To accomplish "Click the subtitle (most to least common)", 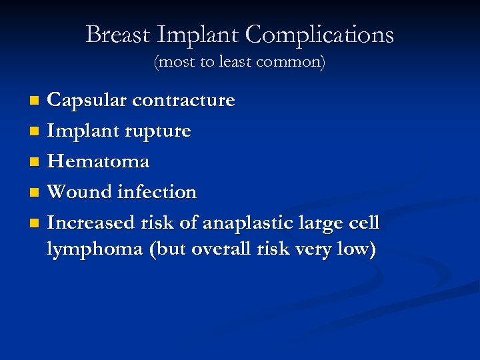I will click(x=239, y=63).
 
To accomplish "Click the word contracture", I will click(x=183, y=100).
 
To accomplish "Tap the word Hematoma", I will click(x=98, y=161).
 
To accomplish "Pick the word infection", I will click(x=157, y=192).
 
